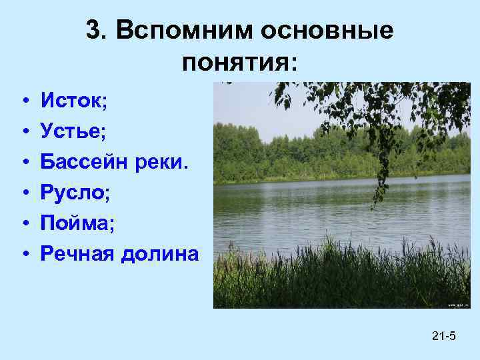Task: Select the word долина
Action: [160, 253]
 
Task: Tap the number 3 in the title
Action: [94, 30]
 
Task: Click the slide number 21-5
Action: [443, 335]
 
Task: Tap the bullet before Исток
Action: [23, 103]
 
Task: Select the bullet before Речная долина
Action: [23, 254]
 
